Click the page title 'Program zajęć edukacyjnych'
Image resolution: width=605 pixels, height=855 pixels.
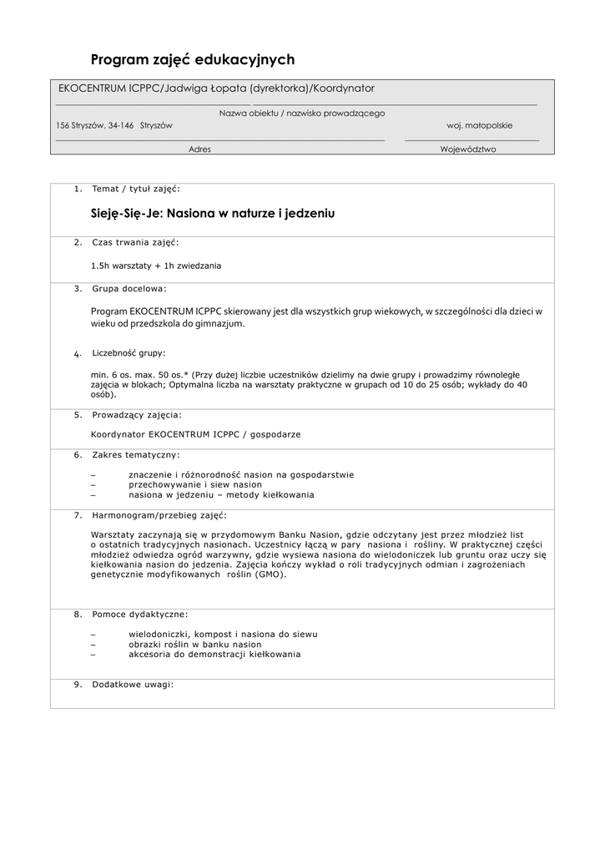point(192,59)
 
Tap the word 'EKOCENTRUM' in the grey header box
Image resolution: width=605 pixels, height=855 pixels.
point(92,88)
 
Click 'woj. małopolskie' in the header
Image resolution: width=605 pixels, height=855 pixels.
point(480,125)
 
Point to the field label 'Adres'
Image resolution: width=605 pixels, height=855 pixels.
point(199,149)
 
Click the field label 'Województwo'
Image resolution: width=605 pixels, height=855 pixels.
point(468,149)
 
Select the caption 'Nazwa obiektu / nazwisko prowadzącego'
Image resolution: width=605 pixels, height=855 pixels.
point(302,113)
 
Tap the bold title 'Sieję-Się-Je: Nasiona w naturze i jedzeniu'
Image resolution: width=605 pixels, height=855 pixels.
point(212,214)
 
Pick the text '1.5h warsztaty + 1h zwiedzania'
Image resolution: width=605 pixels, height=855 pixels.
point(156,266)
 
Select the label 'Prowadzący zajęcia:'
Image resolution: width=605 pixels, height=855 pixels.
point(137,414)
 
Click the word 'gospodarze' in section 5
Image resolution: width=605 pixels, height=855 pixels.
point(279,434)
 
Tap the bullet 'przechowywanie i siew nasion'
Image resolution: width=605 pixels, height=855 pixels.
point(195,484)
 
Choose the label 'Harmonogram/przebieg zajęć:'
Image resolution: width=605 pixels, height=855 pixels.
point(159,514)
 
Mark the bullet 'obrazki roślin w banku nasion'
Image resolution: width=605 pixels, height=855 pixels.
point(195,645)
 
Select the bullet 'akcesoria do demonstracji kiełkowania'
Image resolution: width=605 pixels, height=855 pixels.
point(214,655)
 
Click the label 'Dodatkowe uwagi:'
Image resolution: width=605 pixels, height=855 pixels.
point(133,685)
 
